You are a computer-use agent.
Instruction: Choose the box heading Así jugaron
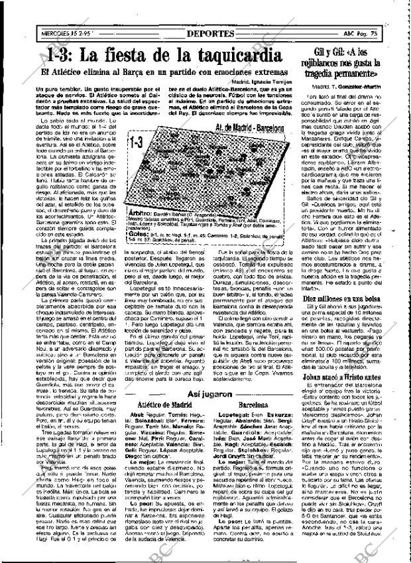click(209, 393)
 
